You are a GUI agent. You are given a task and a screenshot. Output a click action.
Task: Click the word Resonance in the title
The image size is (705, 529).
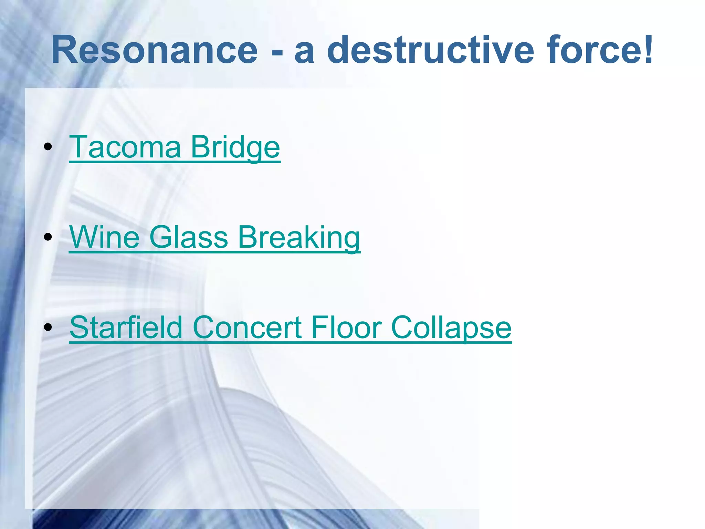pyautogui.click(x=154, y=50)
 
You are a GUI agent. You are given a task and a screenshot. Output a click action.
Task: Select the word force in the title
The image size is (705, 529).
pyautogui.click(x=592, y=50)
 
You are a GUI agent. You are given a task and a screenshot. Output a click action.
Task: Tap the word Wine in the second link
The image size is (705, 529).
pyautogui.click(x=104, y=238)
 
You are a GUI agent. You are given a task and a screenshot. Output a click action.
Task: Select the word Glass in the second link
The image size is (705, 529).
pyautogui.click(x=189, y=238)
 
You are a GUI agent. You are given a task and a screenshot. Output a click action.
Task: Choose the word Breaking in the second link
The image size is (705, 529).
pyautogui.click(x=299, y=238)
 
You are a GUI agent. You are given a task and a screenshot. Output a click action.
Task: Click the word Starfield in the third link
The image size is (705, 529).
pyautogui.click(x=126, y=328)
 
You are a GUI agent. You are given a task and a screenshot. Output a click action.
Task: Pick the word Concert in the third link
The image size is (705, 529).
pyautogui.click(x=247, y=328)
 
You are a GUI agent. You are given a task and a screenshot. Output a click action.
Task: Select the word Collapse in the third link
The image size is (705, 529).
pyautogui.click(x=451, y=328)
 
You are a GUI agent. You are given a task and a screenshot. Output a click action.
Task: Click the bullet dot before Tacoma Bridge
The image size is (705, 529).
pyautogui.click(x=48, y=147)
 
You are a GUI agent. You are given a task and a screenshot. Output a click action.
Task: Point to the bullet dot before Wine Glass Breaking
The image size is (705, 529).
pyautogui.click(x=48, y=237)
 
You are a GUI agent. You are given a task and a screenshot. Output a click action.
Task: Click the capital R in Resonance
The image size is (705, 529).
pyautogui.click(x=65, y=50)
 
